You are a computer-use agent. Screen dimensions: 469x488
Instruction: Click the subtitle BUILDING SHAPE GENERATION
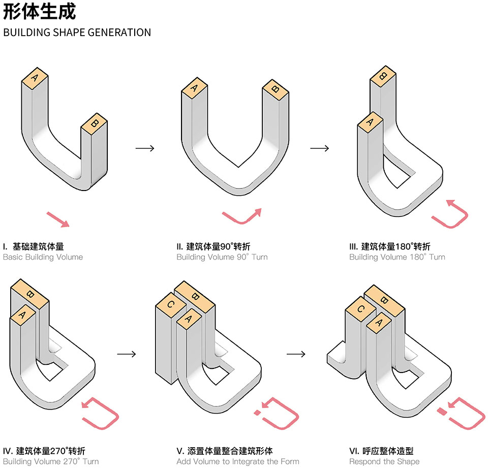[x=77, y=33]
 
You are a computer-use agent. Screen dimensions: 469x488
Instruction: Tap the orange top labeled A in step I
[x=35, y=78]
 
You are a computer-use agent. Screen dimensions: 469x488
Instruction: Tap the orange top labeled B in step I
[x=94, y=123]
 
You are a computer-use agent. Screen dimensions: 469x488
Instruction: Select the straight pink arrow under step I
[x=57, y=219]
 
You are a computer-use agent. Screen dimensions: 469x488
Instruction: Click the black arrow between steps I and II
[x=145, y=148]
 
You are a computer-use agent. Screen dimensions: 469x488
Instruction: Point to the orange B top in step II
[x=275, y=90]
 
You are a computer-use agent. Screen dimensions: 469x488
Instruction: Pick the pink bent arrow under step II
[x=242, y=216]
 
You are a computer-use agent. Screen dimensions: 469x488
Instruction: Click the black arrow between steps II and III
[x=319, y=148]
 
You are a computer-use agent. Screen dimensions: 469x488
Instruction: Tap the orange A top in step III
[x=370, y=122]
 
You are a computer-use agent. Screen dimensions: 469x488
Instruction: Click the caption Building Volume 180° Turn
[x=396, y=257]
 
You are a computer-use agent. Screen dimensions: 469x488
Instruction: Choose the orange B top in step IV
[x=29, y=294]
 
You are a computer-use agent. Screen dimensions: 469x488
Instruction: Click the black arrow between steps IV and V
[x=126, y=354]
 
